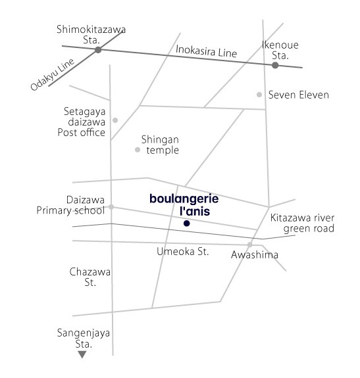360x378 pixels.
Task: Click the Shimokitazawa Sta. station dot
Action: coord(98,50)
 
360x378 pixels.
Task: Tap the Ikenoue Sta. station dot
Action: coord(275,65)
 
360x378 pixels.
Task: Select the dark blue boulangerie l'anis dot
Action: coord(186,224)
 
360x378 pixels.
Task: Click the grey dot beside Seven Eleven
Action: coord(259,95)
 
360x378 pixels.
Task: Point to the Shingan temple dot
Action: coord(138,150)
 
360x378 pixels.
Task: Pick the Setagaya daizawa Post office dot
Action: coord(115,120)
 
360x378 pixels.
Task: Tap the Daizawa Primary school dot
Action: coord(111,206)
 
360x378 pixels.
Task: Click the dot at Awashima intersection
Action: coord(249,245)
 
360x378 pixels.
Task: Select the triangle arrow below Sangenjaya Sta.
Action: coord(82,354)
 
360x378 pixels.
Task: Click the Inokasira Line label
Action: coord(206,51)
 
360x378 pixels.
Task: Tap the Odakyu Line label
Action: coord(52,74)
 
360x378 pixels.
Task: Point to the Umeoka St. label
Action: coord(183,252)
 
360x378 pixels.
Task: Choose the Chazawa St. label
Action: coord(90,277)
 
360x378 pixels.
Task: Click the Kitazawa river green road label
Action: coord(302,224)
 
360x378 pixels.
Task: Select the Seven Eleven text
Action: coord(299,95)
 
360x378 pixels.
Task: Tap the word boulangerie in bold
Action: coord(184,199)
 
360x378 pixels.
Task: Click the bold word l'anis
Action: coord(195,211)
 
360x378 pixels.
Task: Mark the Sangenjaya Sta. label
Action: coord(84,338)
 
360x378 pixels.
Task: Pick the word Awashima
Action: coord(255,254)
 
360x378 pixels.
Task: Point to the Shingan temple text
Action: coord(160,145)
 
